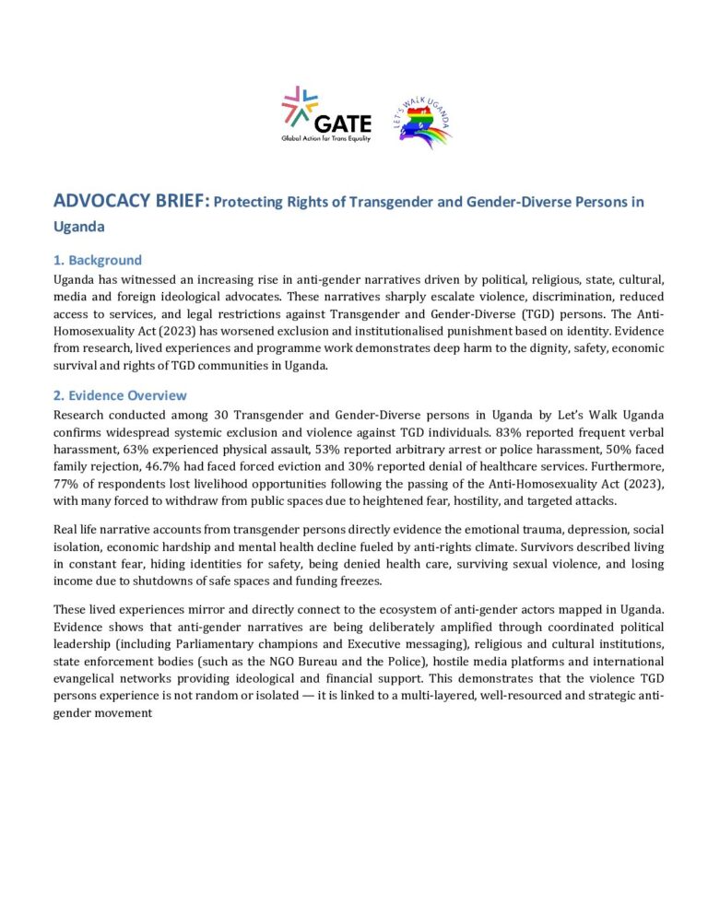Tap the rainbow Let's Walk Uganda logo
(x=425, y=118)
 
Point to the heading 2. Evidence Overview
(x=121, y=395)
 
